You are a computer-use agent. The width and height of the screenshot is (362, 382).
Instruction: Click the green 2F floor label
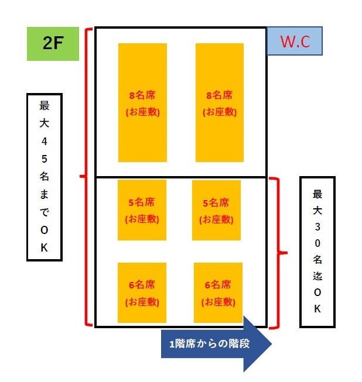coord(53,44)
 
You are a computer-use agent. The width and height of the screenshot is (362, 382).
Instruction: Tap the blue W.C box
coord(295,41)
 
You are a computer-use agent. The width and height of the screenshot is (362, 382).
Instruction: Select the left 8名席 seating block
coord(142,102)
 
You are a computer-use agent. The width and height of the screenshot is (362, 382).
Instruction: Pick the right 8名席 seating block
coord(220,102)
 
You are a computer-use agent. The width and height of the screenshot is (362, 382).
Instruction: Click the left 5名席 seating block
coord(142,210)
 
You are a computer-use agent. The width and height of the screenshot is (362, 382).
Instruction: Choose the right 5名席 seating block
coord(216,210)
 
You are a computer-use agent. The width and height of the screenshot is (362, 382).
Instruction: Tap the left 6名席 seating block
coord(142,293)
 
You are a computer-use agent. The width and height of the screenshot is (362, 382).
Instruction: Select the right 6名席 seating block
coord(217,293)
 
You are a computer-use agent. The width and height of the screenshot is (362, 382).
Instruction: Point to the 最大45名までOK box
coord(45,176)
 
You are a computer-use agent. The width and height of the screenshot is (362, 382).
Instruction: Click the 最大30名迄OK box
coord(317,252)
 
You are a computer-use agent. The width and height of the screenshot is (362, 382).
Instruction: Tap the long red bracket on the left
coord(88,175)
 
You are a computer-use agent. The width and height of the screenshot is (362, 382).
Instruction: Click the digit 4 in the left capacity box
coord(45,141)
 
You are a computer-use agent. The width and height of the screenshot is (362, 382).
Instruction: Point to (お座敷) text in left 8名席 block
coord(142,112)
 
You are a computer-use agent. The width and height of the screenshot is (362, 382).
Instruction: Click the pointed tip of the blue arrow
coord(271,343)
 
